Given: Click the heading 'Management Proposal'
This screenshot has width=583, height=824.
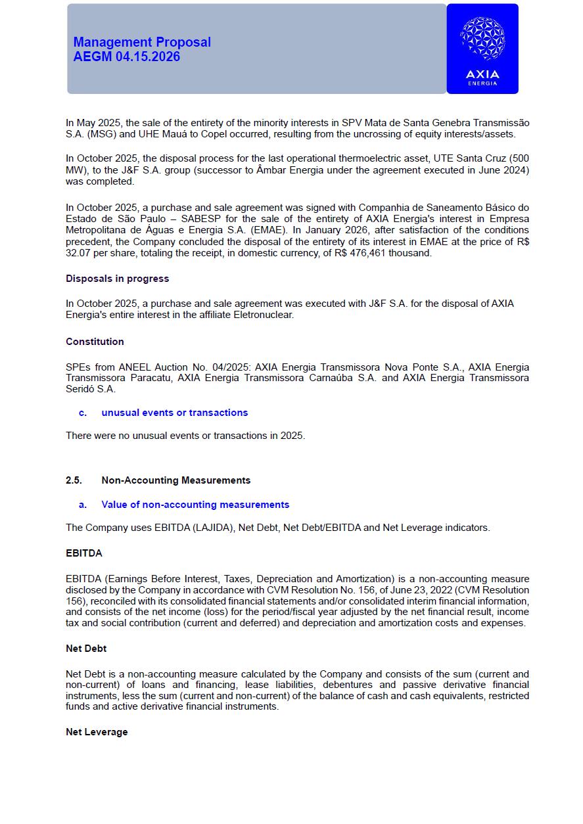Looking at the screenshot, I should [142, 42].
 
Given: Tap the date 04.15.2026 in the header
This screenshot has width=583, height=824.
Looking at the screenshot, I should [148, 57].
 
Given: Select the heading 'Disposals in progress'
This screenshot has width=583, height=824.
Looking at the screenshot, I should [117, 279].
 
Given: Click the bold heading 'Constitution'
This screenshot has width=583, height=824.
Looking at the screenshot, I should [95, 342].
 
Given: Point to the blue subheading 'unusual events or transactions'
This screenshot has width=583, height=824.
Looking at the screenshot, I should [174, 413].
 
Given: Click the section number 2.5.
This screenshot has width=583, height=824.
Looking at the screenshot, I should [74, 480].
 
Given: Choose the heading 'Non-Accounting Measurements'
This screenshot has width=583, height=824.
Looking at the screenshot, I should [175, 480].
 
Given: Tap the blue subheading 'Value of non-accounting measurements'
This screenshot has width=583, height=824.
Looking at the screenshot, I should [195, 505].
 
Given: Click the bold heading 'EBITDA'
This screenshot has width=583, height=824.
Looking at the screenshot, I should [83, 553].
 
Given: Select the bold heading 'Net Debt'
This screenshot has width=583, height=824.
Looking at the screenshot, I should [86, 649].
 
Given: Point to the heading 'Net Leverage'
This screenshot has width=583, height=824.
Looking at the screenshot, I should [97, 732].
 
